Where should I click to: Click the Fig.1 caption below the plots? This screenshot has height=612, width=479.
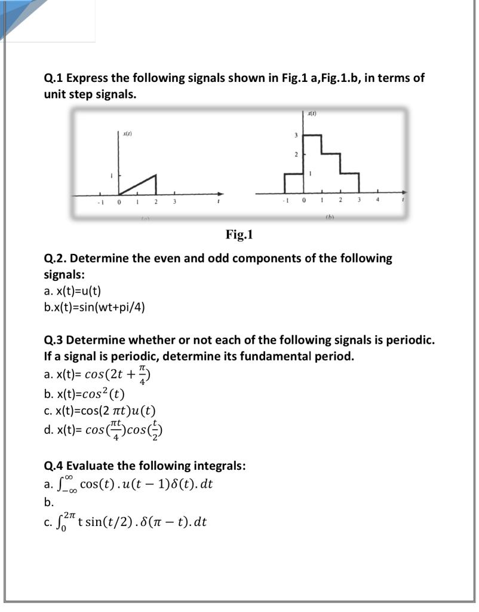(x=239, y=234)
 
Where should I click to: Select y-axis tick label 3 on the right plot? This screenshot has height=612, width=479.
(x=296, y=136)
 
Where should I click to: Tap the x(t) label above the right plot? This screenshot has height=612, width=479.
(x=312, y=113)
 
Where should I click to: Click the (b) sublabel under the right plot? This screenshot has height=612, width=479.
(x=329, y=217)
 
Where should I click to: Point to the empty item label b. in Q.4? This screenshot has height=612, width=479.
(x=48, y=503)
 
